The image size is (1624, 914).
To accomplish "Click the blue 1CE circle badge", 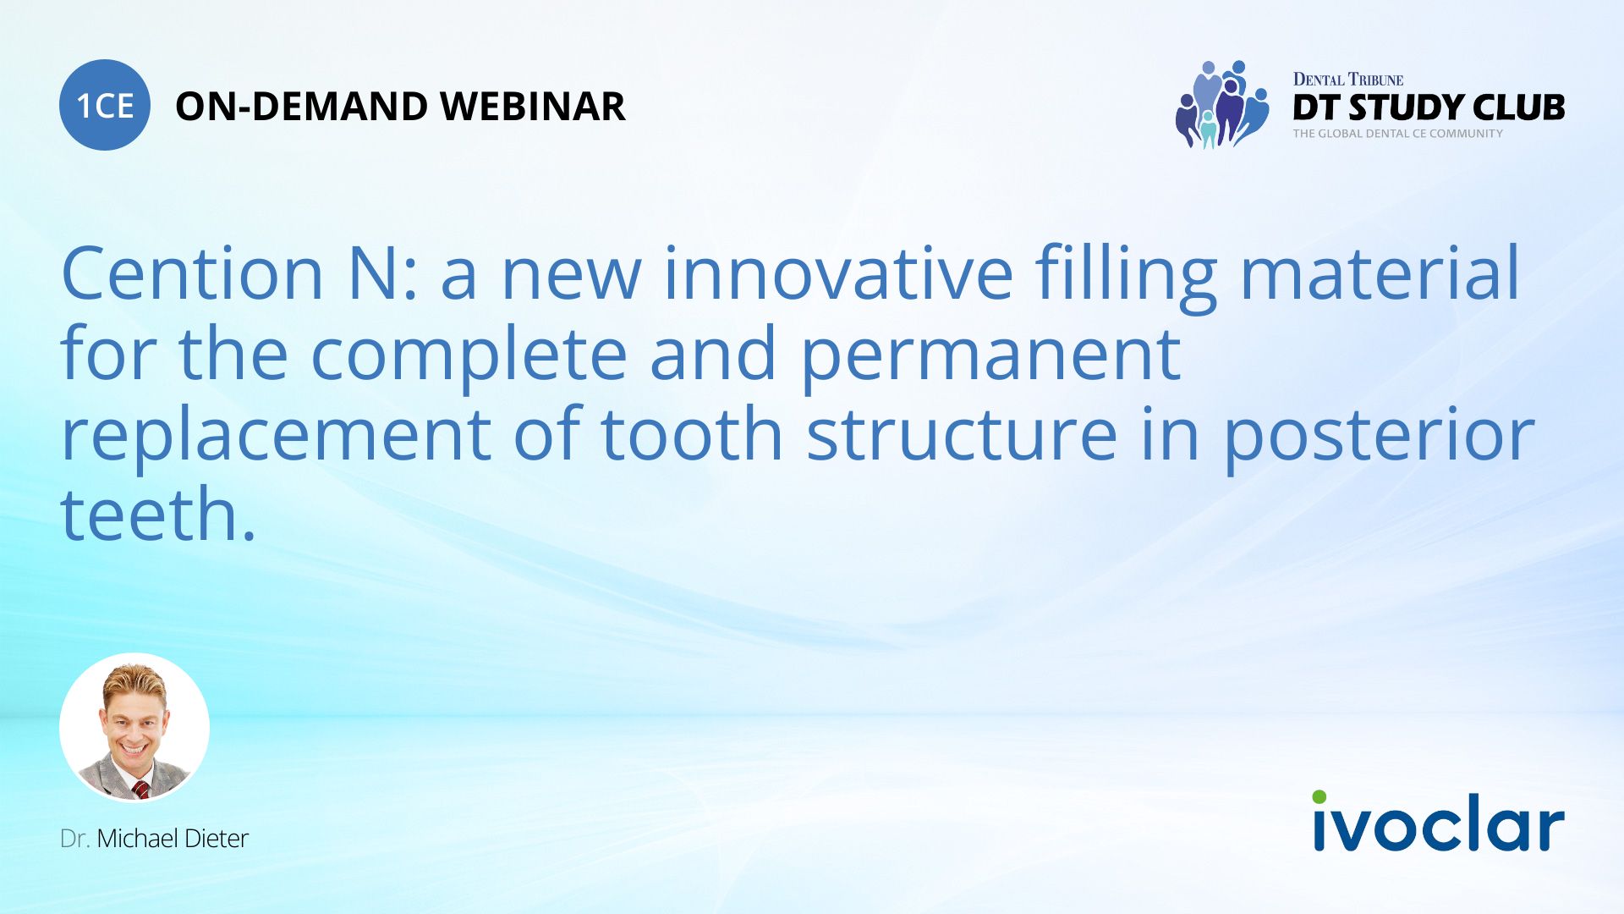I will click(105, 105).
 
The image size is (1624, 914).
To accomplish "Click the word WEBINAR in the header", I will click(532, 107).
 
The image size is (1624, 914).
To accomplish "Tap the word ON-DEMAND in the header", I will click(300, 107).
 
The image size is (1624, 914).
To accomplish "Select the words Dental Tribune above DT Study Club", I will click(1347, 80).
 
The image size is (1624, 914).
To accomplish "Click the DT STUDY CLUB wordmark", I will click(1429, 107).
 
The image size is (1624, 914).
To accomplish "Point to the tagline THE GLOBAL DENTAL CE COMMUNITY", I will click(1397, 134).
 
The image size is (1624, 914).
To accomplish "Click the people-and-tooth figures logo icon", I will click(1221, 105).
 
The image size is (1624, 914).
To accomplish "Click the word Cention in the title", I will click(193, 273).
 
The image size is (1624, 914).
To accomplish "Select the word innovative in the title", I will click(837, 273).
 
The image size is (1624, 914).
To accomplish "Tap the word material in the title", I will click(1380, 273).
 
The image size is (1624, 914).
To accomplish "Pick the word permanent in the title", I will click(990, 355).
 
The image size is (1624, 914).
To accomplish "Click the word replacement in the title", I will click(276, 434).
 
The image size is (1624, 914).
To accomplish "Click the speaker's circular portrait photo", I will click(134, 727).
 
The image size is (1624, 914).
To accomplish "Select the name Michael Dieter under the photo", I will click(173, 839).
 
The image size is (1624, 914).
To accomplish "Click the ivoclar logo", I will click(1438, 823).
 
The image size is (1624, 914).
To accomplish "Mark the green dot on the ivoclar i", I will click(1319, 797).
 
